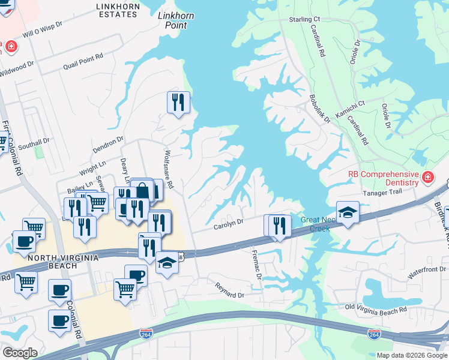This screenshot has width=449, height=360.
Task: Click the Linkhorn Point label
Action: tap(172, 20)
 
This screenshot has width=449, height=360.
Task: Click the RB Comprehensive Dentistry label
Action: tap(382, 178)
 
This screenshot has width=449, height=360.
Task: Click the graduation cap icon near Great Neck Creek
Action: tap(348, 212)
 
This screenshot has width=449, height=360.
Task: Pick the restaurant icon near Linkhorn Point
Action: tap(178, 103)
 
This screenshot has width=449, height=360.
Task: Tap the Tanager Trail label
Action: tap(385, 193)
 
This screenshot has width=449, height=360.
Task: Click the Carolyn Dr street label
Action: tap(229, 223)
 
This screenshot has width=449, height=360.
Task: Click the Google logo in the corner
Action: tap(20, 353)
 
